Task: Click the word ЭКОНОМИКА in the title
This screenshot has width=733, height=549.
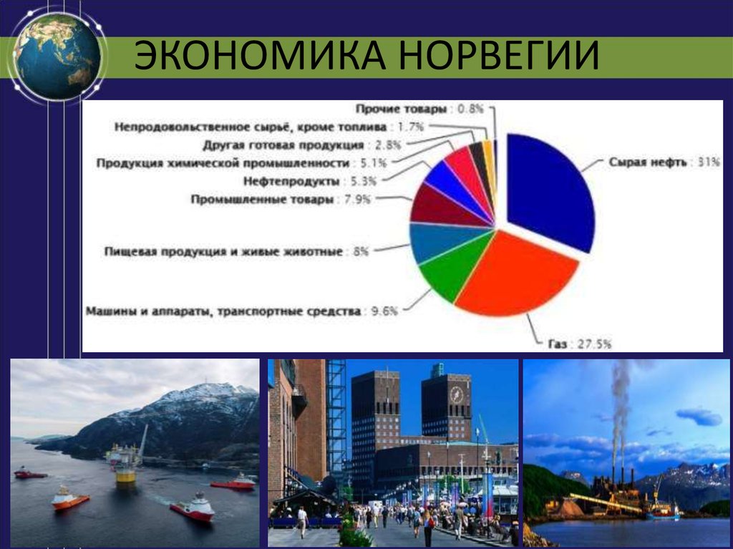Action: (261, 55)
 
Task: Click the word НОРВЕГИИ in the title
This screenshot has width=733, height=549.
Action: (499, 55)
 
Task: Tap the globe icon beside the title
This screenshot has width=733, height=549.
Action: (57, 56)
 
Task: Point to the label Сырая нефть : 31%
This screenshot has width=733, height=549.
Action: (664, 162)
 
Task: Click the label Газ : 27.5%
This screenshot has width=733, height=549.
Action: (580, 344)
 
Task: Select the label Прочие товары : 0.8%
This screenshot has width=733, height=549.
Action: (419, 109)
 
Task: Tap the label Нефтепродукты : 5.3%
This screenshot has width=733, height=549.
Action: (309, 181)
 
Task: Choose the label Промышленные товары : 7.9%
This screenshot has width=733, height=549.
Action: (281, 200)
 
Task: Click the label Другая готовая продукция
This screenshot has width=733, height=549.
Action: (283, 145)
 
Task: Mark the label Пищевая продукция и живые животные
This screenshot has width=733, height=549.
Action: (223, 251)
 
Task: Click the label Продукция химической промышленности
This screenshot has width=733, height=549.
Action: (223, 163)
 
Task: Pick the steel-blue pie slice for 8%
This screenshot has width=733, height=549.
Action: (440, 241)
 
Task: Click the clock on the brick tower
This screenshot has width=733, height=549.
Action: (456, 395)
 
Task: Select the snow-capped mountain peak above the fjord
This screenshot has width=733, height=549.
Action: (205, 392)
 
